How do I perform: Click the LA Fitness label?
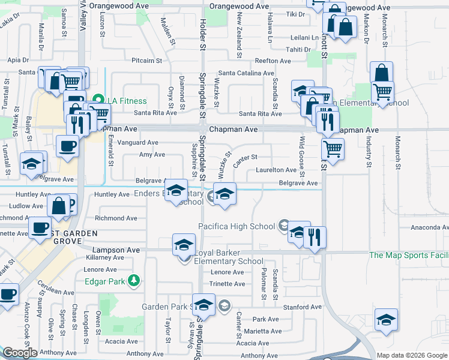(128, 101)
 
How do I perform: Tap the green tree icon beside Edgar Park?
(136, 280)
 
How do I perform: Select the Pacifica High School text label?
(237, 226)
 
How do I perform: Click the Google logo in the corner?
(20, 353)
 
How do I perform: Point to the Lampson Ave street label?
(116, 250)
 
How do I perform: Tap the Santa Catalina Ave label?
(246, 73)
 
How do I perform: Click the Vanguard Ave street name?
(139, 143)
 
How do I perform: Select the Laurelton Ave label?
(276, 170)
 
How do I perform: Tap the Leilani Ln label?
(303, 37)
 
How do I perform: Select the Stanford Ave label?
(298, 307)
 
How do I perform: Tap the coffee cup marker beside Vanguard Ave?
(67, 146)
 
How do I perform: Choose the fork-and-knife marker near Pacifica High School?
(315, 236)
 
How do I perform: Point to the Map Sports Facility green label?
(409, 256)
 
